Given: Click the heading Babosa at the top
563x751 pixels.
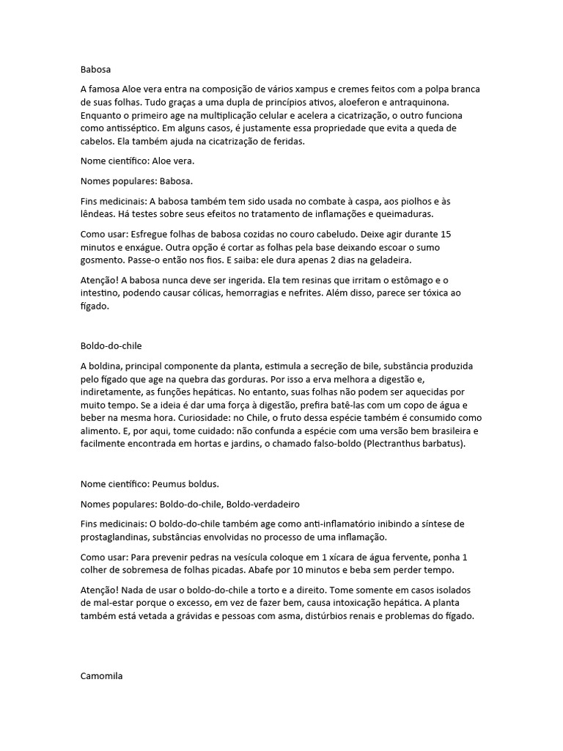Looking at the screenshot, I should click(95, 70).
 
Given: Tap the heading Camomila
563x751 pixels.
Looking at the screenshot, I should click(101, 676).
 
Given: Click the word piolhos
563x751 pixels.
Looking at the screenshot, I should click(408, 200).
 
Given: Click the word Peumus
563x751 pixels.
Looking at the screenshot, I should click(170, 484).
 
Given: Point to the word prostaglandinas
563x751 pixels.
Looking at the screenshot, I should click(117, 538).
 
